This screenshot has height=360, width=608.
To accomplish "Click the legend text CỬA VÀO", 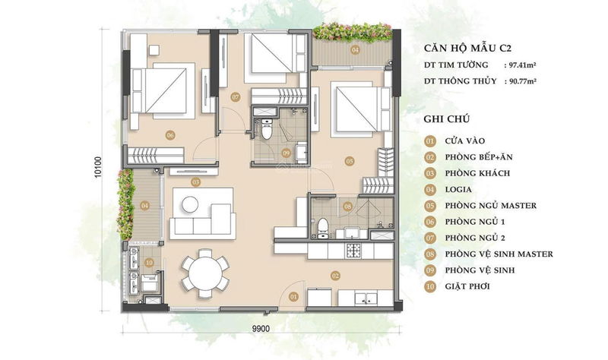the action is [465, 141].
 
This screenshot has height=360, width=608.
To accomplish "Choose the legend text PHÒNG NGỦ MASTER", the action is [491, 206].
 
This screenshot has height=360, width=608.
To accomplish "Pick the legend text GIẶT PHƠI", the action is [467, 287].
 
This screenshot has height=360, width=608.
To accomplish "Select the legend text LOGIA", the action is [458, 190].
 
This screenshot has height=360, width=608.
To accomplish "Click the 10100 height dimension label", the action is [98, 167].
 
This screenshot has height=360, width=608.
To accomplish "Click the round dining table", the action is [205, 273].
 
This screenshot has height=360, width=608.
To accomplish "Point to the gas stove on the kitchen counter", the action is [353, 251].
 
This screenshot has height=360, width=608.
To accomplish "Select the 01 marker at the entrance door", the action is [293, 297].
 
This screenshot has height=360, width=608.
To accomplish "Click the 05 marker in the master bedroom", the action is [350, 161].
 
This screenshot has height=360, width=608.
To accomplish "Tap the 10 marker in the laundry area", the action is [149, 263].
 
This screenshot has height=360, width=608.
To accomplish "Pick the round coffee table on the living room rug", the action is [190, 204].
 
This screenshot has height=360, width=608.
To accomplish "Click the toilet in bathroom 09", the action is [267, 129].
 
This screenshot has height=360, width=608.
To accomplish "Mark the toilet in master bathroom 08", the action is [322, 229].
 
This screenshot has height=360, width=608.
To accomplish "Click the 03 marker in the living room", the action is [195, 182].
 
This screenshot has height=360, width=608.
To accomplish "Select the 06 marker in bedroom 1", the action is [169, 135].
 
